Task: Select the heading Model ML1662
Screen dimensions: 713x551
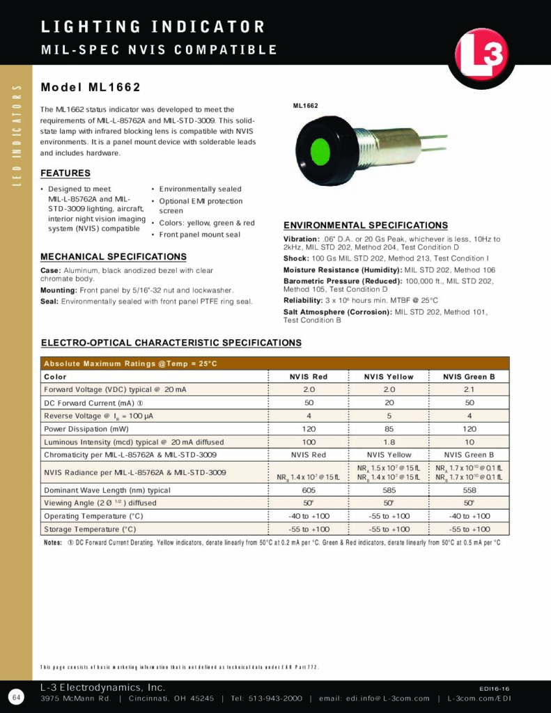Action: coord(91,88)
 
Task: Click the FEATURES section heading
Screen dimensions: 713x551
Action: coord(65,173)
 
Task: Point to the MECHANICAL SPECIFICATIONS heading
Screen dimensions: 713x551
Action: coord(114,257)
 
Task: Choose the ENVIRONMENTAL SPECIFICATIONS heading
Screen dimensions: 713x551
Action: coord(366,226)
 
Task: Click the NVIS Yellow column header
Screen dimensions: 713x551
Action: coord(389,377)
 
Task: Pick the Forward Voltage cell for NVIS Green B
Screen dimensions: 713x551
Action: coord(469,389)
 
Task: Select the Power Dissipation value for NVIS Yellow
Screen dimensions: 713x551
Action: coord(389,429)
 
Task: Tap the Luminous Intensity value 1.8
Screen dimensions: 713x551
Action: coord(389,442)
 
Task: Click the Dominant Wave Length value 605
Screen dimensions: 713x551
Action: coord(309,490)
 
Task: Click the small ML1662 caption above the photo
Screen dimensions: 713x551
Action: coord(305,106)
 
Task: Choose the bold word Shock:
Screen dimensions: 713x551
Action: coord(296,259)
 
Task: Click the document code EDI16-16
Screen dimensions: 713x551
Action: coord(495,687)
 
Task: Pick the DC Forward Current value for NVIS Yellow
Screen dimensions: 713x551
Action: coord(389,402)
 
